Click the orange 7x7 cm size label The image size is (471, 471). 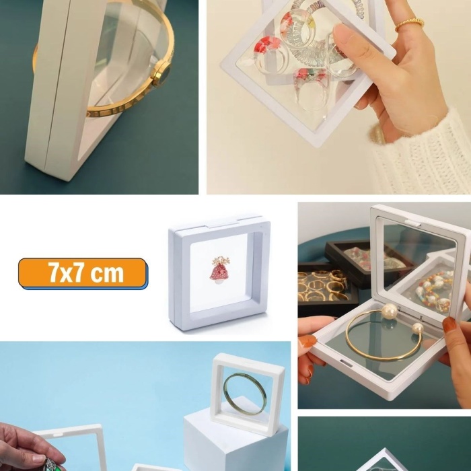coord(82,273)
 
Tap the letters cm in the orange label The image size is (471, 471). coord(108,273)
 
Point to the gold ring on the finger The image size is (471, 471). coord(409,24)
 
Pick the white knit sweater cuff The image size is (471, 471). coord(424,155)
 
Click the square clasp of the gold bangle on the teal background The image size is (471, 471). coord(161,76)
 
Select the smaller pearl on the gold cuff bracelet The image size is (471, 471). coord(418,328)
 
